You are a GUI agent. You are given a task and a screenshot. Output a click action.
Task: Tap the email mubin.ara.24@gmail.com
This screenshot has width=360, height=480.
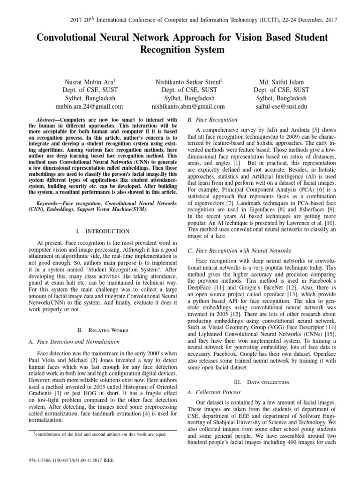point(90,107)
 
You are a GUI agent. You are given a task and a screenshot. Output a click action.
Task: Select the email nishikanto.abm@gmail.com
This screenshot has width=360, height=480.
point(188,107)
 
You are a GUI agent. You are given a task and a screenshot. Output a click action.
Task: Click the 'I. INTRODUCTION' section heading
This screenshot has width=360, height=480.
point(102,231)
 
